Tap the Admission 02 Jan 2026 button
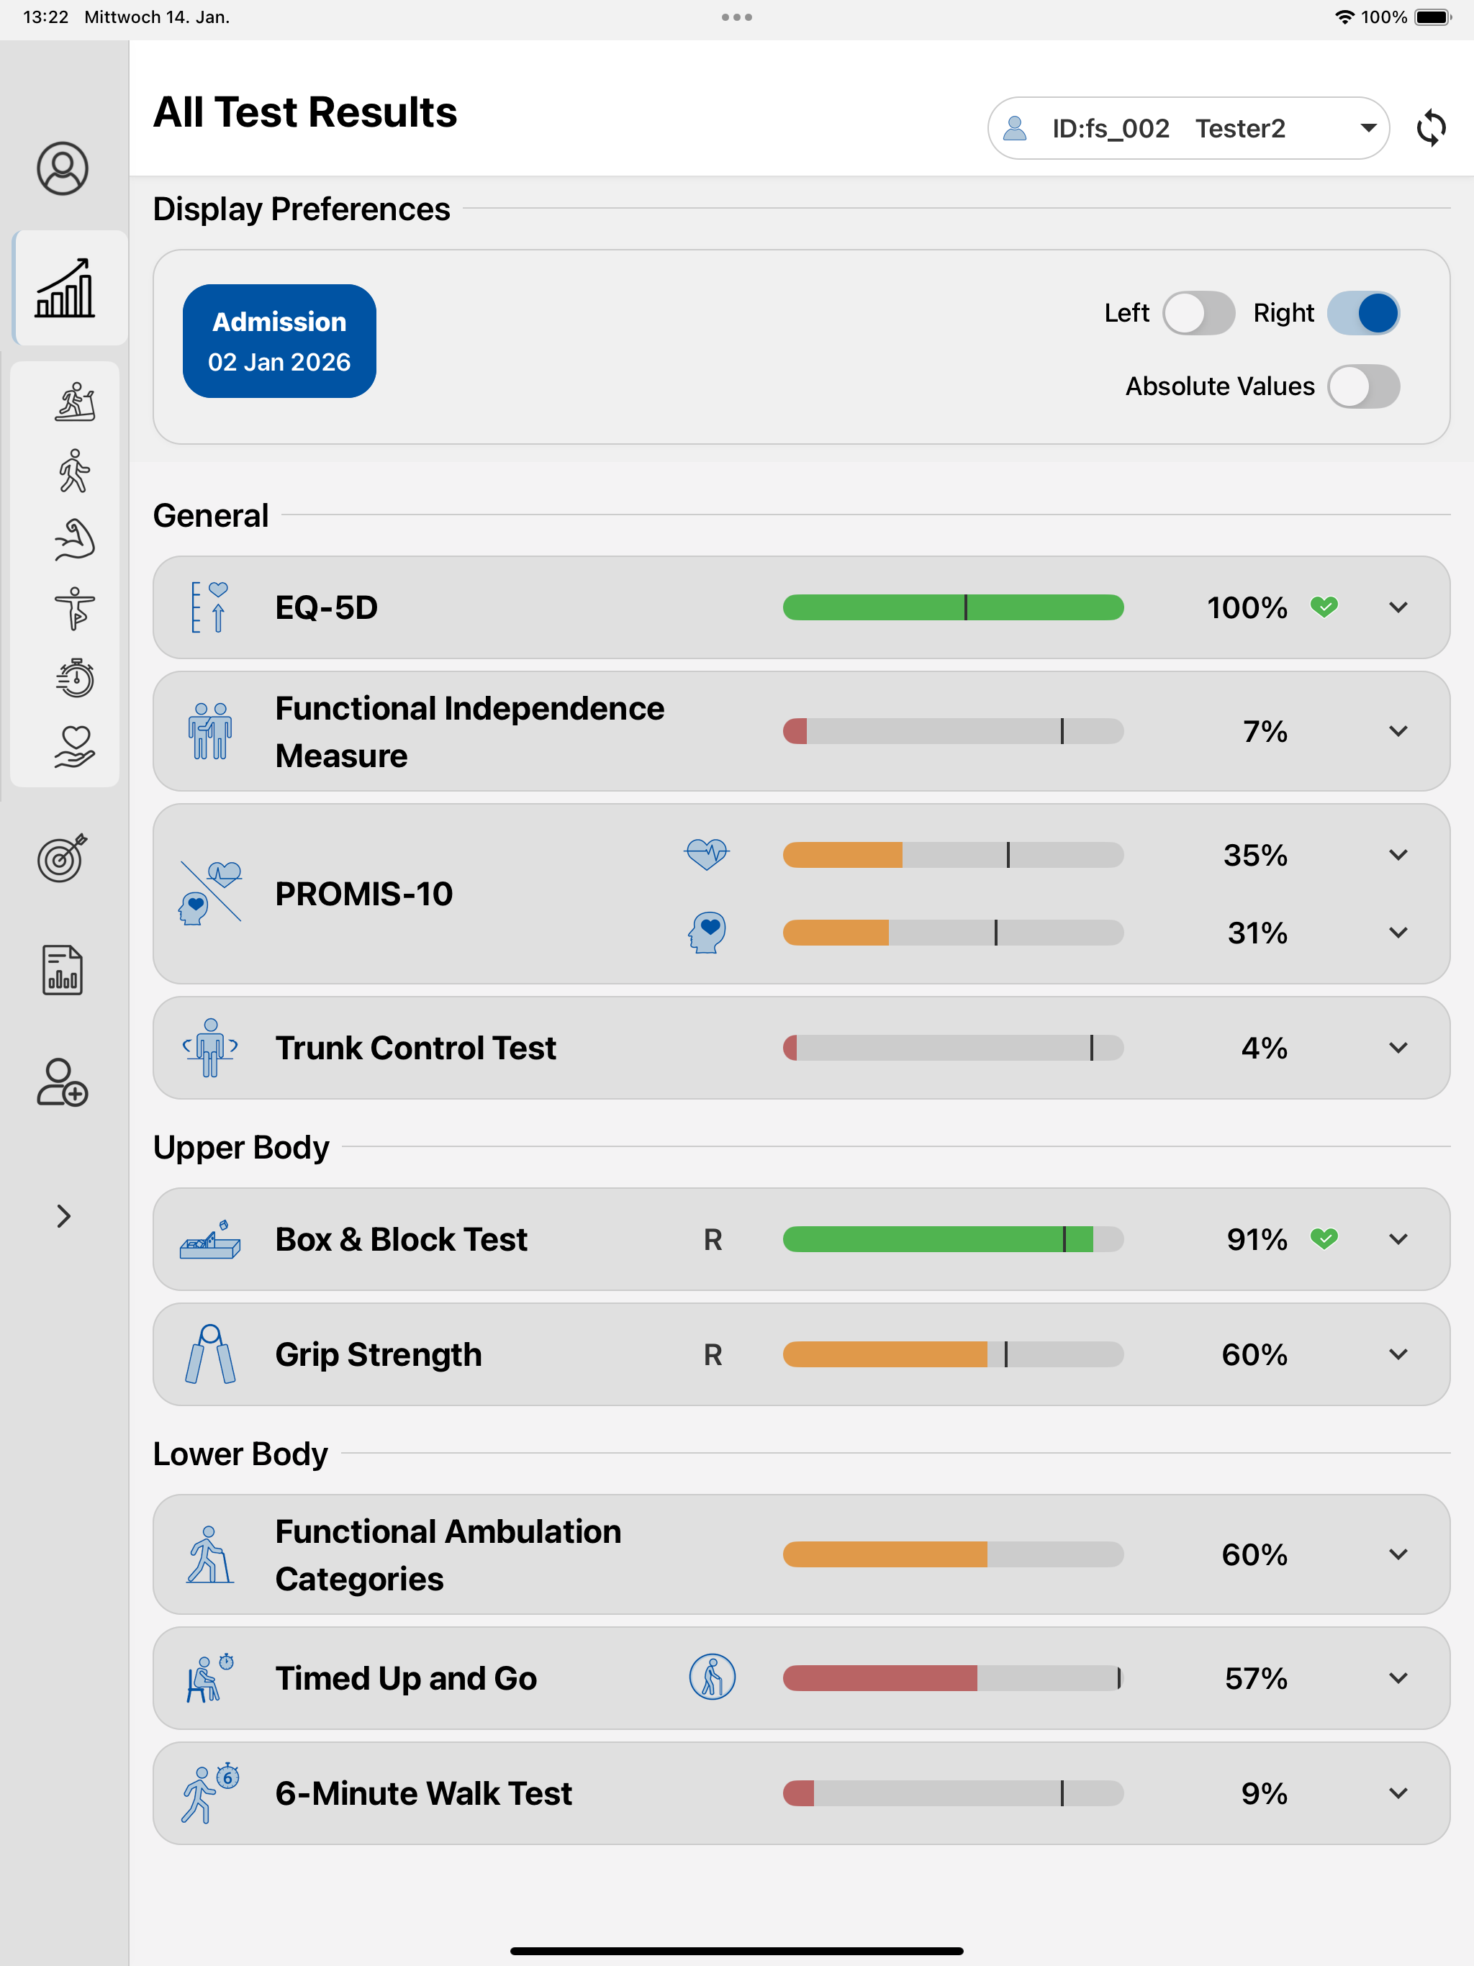click(x=279, y=341)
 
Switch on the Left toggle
click(x=1198, y=313)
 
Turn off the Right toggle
click(x=1363, y=313)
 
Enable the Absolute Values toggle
click(x=1363, y=386)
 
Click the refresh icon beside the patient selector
click(x=1430, y=128)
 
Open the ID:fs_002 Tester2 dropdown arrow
click(x=1368, y=128)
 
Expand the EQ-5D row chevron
click(x=1398, y=608)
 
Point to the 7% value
click(x=1264, y=731)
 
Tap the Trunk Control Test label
click(x=415, y=1048)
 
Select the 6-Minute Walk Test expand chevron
click(x=1398, y=1793)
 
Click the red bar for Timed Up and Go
click(x=880, y=1678)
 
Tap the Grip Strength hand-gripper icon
click(x=210, y=1354)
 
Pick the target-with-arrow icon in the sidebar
click(x=62, y=858)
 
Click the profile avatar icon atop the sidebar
click(x=62, y=168)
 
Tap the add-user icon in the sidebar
click(x=62, y=1082)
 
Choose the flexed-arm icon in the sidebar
click(x=75, y=540)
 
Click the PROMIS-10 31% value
click(x=1257, y=933)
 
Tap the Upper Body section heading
click(x=241, y=1147)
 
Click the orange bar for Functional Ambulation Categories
click(x=885, y=1554)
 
